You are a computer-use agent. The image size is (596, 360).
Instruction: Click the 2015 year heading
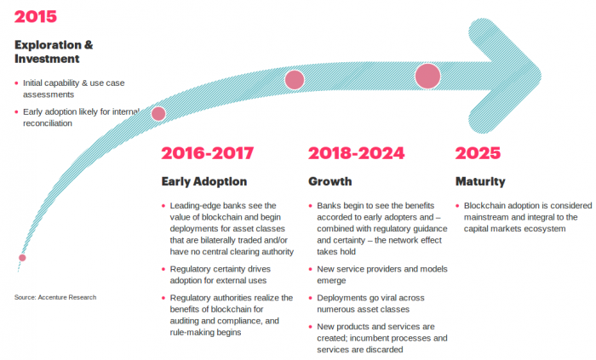(x=36, y=16)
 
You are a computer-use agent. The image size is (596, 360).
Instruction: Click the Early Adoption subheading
(x=204, y=181)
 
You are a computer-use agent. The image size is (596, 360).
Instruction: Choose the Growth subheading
(x=330, y=181)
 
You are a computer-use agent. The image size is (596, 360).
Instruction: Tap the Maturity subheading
(x=480, y=181)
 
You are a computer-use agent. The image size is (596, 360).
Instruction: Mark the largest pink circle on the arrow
(x=427, y=76)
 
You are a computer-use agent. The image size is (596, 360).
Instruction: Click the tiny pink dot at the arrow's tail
(x=22, y=257)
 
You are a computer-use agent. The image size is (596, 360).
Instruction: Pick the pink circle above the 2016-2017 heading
(x=158, y=113)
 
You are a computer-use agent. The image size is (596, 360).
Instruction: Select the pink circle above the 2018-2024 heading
(x=295, y=80)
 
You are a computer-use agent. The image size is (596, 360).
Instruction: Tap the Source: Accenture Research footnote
(x=55, y=297)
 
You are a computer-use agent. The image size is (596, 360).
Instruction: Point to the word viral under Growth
(x=388, y=299)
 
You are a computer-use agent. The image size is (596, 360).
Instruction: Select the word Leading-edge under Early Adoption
(x=199, y=206)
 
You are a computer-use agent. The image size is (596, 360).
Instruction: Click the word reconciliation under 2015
(x=48, y=123)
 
